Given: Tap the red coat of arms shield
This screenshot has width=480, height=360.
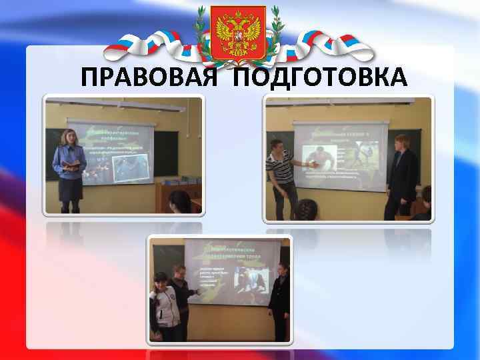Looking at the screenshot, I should pos(238,31).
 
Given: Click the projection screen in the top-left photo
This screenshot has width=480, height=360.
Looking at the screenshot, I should pos(113,150).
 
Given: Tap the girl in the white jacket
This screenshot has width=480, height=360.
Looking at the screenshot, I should pos(163,305).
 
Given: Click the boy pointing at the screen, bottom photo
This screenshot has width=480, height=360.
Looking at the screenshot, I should pos(181,293).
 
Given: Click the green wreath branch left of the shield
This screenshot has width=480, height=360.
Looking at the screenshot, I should pos(200,30).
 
